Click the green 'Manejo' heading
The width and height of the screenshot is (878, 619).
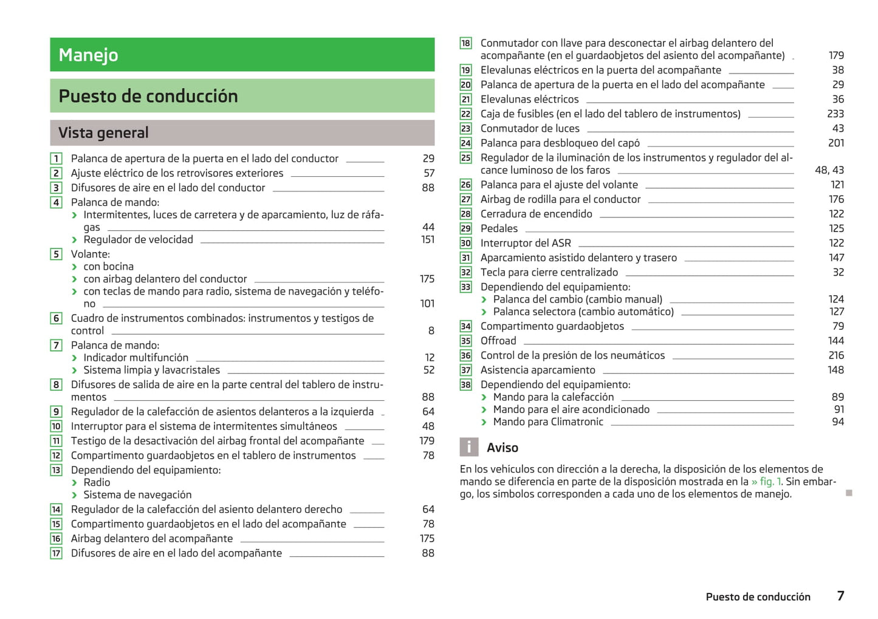[x=89, y=55]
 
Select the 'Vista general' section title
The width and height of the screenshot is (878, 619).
[x=103, y=132]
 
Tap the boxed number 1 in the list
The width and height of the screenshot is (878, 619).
[x=56, y=159]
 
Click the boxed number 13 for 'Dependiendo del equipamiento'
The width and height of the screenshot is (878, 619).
[x=56, y=470]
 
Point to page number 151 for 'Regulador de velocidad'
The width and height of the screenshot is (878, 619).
[x=428, y=239]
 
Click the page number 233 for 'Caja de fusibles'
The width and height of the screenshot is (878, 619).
[x=835, y=114]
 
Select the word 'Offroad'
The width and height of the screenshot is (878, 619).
[x=498, y=341]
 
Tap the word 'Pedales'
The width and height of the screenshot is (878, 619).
[x=499, y=228]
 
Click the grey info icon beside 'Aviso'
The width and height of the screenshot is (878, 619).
[x=468, y=447]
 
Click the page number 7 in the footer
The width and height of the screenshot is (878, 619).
[x=840, y=596]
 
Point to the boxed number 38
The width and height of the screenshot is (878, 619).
[x=465, y=385]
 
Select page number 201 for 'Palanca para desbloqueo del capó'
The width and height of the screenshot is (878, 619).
[x=836, y=143]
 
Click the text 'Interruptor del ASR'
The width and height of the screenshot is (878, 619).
[x=526, y=243]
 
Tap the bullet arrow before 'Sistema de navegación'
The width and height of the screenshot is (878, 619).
[x=74, y=495]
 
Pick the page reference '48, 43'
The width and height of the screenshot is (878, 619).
[x=829, y=170]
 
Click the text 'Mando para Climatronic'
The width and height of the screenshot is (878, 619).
[x=548, y=422]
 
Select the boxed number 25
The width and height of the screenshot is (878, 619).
[x=465, y=158]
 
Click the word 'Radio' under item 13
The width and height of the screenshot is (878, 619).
[x=97, y=482]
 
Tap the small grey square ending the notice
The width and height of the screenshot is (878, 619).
[x=849, y=493]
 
